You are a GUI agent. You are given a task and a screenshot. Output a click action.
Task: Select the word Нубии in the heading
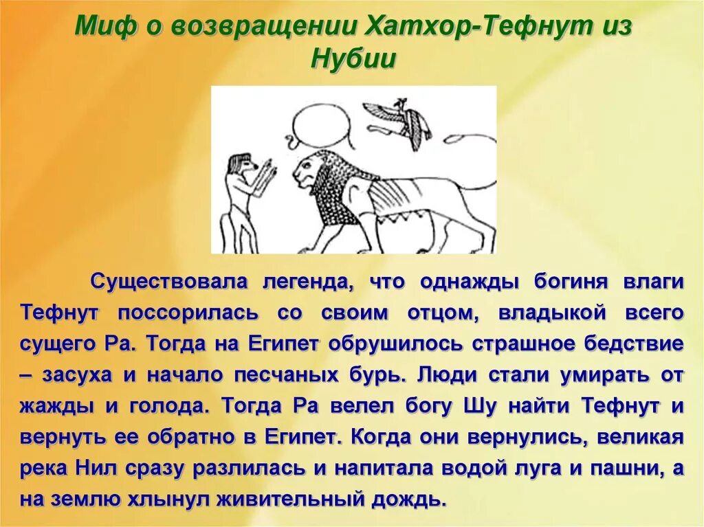[x=353, y=58]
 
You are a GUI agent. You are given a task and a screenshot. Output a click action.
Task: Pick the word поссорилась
[x=188, y=313]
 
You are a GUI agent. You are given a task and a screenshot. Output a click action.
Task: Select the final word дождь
[x=408, y=500]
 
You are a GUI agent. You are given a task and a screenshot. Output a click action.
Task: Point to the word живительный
[x=288, y=500]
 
